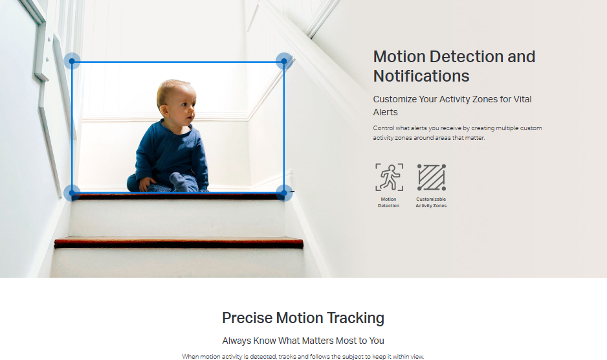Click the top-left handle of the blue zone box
(72, 62)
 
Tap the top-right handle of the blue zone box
(284, 62)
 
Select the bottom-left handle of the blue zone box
(72, 192)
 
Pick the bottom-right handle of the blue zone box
(284, 192)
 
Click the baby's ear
(164, 110)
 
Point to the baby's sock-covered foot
(179, 182)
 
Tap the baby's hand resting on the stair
(146, 184)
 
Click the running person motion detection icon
(389, 177)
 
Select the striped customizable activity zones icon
(431, 177)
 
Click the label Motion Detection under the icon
(389, 202)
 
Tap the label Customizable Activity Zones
(431, 202)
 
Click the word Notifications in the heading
(421, 76)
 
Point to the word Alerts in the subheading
(385, 112)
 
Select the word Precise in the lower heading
(247, 318)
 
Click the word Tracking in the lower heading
(355, 319)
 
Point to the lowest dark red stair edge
(179, 243)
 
